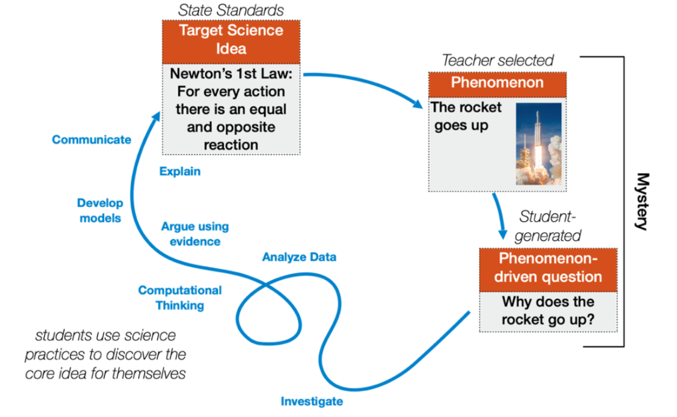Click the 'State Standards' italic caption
point(231,10)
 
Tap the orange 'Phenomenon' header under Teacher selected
point(497,83)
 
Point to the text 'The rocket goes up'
point(467,116)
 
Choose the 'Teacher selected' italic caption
point(497,61)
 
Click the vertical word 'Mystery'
point(642,201)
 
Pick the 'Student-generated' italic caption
point(547,226)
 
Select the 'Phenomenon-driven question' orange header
point(548,268)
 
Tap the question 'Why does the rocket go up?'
point(548,311)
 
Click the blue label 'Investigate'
point(311,402)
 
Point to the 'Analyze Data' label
point(299,257)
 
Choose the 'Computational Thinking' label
point(180,298)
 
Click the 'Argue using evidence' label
point(195,234)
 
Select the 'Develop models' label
point(100,210)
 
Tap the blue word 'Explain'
point(180,172)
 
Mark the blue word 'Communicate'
point(92,140)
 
